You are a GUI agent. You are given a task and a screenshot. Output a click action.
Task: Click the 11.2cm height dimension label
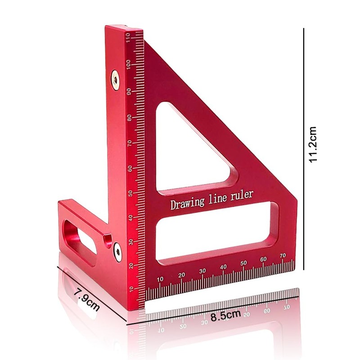(313, 144)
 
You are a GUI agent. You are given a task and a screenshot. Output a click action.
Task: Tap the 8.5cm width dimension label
(226, 315)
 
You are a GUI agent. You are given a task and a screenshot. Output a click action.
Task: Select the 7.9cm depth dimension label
(87, 299)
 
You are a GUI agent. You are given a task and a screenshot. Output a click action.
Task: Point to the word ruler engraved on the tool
(242, 195)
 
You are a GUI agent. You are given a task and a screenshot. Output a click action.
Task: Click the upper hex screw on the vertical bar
(115, 80)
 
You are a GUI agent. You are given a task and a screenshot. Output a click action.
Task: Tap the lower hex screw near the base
(117, 252)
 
